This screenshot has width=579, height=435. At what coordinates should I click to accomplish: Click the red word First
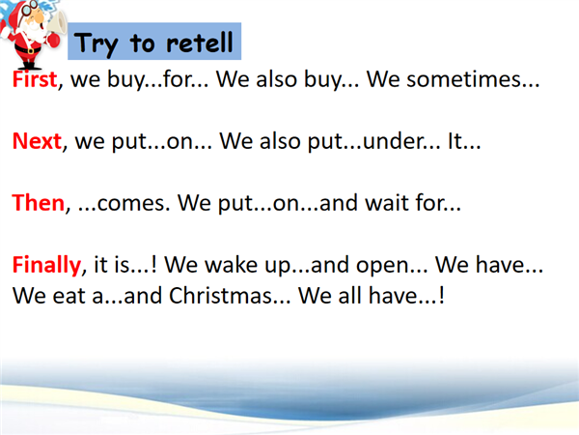tap(35, 79)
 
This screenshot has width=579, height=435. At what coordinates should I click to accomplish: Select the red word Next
tap(37, 141)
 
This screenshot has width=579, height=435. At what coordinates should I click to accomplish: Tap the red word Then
tap(39, 203)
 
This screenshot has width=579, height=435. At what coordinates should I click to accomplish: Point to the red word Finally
tap(47, 266)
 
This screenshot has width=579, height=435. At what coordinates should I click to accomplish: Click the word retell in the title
tap(200, 43)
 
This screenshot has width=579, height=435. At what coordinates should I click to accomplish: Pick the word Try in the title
tap(96, 44)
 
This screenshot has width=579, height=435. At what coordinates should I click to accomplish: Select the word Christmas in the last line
tap(220, 296)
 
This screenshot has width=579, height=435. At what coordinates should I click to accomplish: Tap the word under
tap(391, 141)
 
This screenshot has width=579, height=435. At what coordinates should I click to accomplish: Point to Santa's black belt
tap(28, 49)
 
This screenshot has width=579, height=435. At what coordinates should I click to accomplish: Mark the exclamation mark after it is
tap(154, 265)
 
